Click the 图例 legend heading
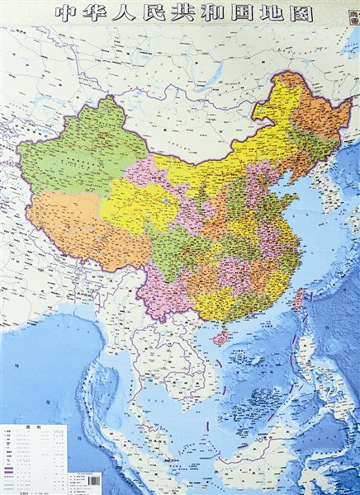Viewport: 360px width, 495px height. click(32, 427)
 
